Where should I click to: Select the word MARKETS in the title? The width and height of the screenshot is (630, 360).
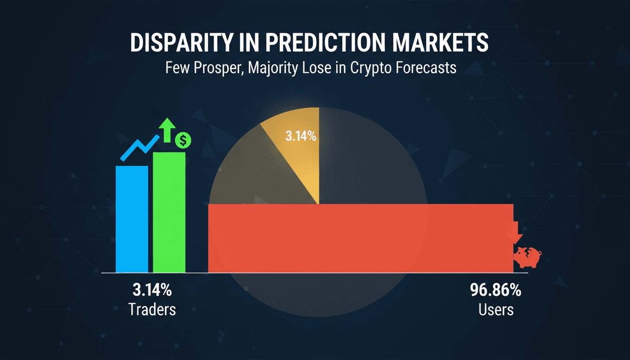[440, 43]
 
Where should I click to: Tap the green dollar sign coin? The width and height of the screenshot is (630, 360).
[182, 139]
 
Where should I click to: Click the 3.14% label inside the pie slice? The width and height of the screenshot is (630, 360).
[300, 137]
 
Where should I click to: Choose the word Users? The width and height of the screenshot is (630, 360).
[496, 309]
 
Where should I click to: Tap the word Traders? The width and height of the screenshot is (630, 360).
[152, 309]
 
